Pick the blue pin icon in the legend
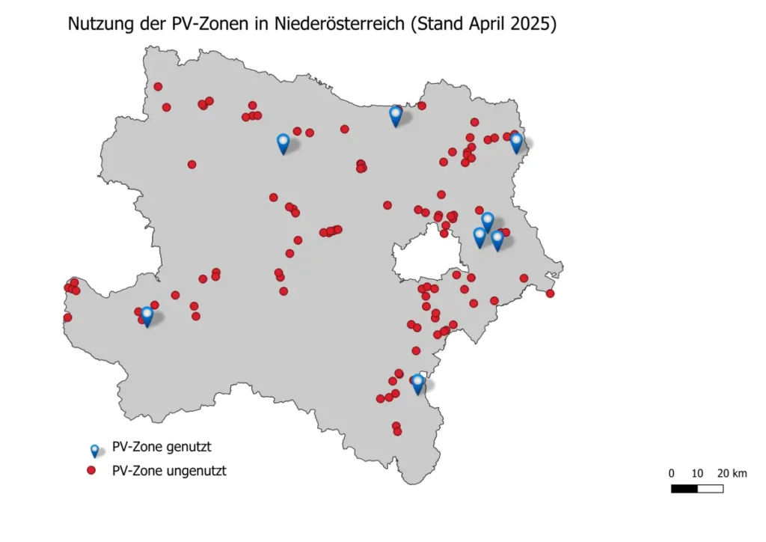click(x=94, y=450)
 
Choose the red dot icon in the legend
click(x=91, y=471)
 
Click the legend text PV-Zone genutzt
click(x=162, y=448)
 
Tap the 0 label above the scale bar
click(x=672, y=473)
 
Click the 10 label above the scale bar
click(x=697, y=473)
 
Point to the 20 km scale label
click(x=732, y=473)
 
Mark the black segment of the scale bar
click(x=684, y=489)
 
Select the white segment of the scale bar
click(x=710, y=489)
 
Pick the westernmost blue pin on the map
click(x=147, y=314)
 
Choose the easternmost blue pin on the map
click(x=516, y=141)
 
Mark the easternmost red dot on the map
click(x=550, y=293)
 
